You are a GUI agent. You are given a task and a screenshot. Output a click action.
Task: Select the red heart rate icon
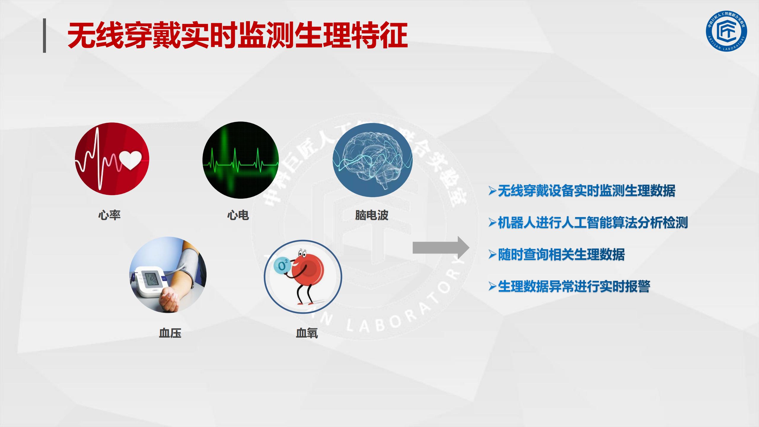(x=112, y=159)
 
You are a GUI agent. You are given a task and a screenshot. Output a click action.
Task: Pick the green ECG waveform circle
(x=240, y=160)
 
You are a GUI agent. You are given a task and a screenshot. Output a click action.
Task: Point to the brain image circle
(x=372, y=160)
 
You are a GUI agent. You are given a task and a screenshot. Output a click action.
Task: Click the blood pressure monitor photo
(x=168, y=275)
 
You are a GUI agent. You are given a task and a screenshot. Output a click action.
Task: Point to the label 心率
(x=109, y=215)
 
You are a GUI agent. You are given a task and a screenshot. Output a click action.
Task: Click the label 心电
(x=238, y=215)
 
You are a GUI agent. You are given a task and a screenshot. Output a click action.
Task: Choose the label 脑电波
(x=372, y=215)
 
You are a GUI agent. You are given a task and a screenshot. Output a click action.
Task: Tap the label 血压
(x=170, y=333)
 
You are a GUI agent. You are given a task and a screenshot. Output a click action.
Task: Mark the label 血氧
(x=307, y=333)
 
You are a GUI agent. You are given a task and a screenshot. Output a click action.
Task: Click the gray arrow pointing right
(x=441, y=248)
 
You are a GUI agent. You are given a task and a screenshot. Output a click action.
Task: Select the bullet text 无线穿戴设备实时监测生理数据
(x=586, y=191)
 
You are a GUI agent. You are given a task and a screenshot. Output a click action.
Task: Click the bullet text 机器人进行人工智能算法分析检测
(x=593, y=223)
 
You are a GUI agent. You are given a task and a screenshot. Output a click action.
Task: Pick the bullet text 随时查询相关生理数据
(x=561, y=254)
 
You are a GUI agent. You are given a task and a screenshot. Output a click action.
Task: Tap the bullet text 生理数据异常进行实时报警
(x=574, y=286)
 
